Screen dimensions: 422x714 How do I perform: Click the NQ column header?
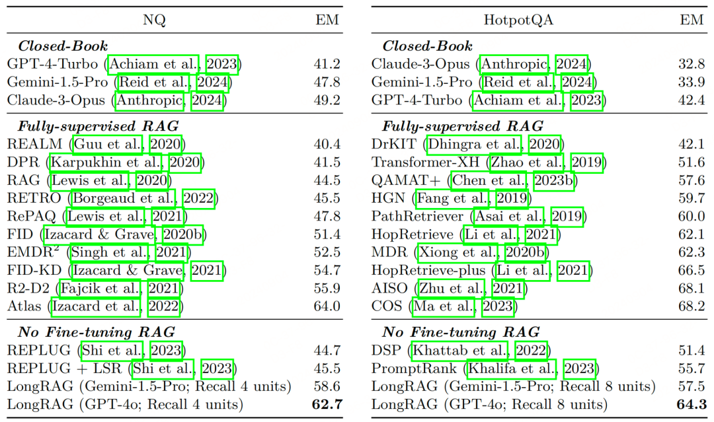point(154,20)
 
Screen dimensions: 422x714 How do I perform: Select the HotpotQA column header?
point(518,20)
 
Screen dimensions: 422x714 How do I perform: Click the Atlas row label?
point(24,306)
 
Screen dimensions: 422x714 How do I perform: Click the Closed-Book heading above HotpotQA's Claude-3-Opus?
point(427,46)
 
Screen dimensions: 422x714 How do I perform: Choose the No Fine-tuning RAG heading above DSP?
point(461,332)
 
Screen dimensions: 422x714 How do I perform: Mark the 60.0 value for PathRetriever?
point(692,217)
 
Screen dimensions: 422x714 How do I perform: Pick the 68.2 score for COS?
point(692,306)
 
